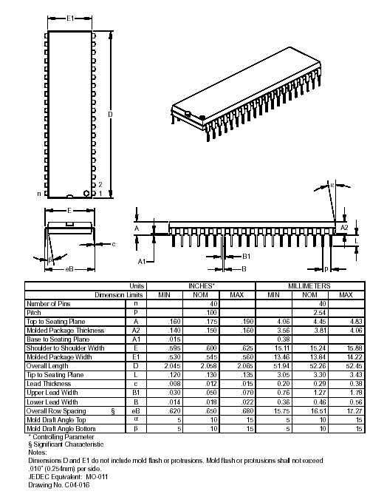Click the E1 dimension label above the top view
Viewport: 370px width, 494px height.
(x=69, y=17)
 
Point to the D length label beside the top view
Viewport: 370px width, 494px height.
(x=110, y=115)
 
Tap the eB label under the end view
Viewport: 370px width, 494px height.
(x=69, y=268)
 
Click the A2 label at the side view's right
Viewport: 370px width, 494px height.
(x=343, y=228)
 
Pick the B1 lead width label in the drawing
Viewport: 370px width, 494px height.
(x=247, y=255)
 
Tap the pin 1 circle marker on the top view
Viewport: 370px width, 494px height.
(x=88, y=193)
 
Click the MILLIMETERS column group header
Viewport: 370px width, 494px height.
(x=309, y=285)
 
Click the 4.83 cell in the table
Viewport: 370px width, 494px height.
(x=345, y=321)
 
